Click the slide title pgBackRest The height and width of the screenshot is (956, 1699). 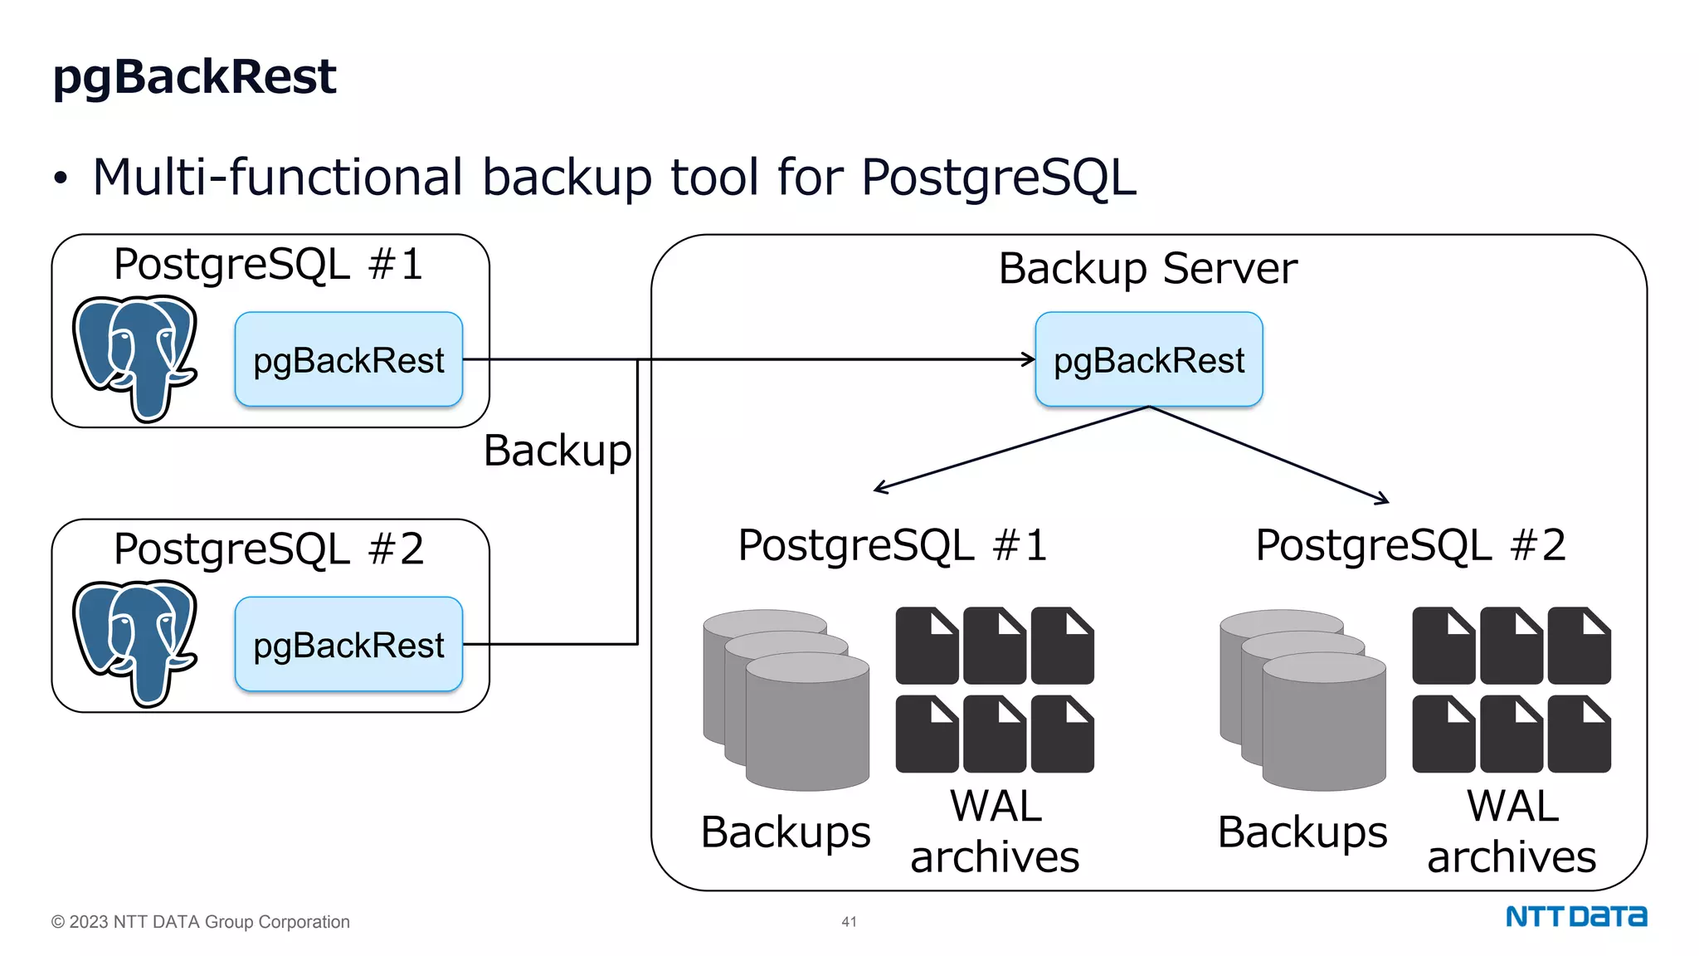[194, 77]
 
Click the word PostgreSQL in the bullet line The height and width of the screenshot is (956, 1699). [998, 178]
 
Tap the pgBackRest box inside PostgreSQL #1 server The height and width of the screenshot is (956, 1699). [348, 360]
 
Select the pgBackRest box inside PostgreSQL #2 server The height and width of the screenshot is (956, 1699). [348, 645]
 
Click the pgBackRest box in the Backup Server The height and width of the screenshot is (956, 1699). [1148, 360]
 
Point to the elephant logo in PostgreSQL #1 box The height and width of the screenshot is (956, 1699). [135, 357]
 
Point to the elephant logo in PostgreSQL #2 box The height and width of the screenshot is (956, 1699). [135, 641]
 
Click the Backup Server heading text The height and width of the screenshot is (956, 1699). [1147, 269]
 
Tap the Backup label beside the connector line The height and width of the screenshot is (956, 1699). [557, 451]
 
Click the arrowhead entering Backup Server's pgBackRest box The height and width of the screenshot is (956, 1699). [1030, 359]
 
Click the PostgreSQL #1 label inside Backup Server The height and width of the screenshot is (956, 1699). [893, 546]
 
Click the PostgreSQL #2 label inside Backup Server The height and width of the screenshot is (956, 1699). [1410, 546]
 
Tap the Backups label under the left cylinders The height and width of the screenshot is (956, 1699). [785, 832]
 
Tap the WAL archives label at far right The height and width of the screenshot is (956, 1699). [1512, 832]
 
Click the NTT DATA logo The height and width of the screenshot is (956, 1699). [1575, 917]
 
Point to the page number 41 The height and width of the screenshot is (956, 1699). [849, 922]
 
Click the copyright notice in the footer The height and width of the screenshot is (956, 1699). [201, 922]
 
